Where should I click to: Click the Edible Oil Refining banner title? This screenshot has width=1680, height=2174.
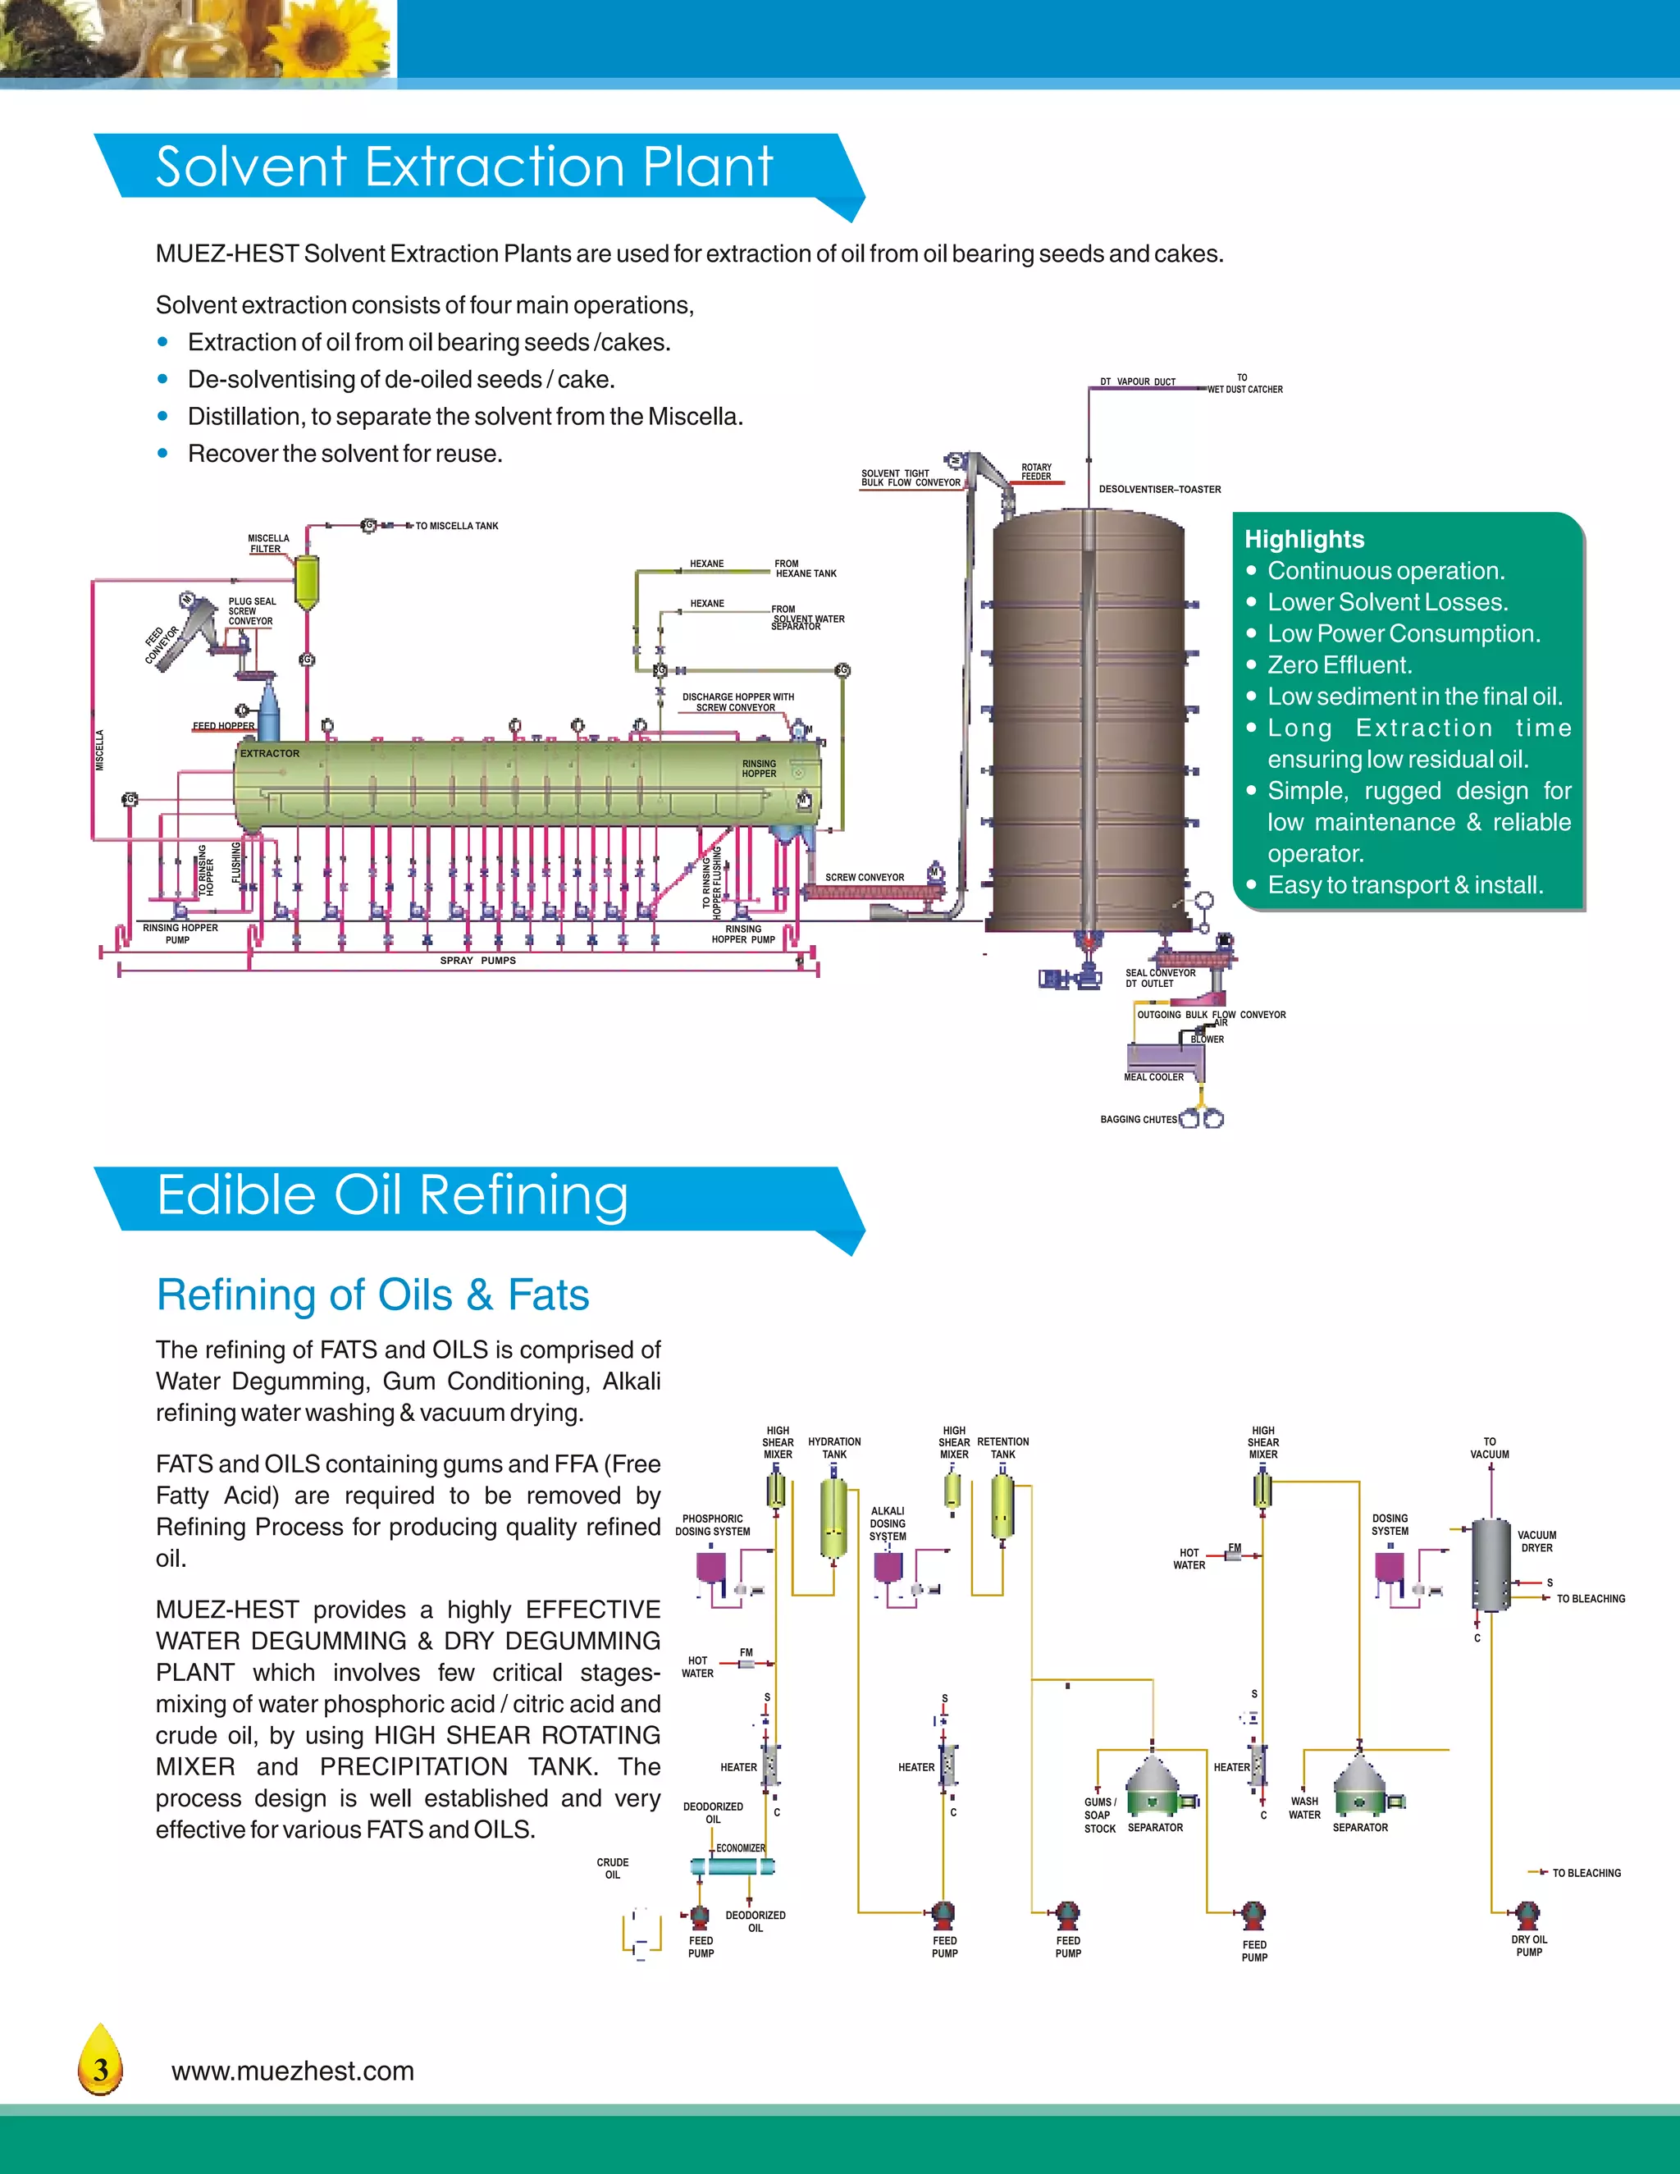(x=392, y=1194)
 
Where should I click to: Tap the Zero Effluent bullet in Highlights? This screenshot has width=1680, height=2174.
(x=1339, y=665)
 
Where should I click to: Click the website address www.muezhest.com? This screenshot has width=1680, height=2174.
(x=293, y=2071)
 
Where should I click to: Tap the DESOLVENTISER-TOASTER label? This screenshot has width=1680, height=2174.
(x=1159, y=489)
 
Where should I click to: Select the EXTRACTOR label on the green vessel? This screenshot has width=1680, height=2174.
(x=270, y=754)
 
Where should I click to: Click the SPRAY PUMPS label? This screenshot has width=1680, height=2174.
(x=477, y=961)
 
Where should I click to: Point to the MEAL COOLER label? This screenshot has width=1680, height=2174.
(x=1153, y=1077)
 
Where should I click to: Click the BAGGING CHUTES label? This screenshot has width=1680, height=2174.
(x=1139, y=1119)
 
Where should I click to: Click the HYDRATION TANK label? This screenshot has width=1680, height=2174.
(x=834, y=1447)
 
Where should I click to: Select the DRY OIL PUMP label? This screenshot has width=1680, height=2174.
(x=1529, y=1945)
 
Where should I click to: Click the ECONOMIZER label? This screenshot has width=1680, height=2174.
(x=741, y=1847)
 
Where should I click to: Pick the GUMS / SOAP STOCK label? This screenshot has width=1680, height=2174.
(x=1100, y=1815)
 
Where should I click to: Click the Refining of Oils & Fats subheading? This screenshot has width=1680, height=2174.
(x=372, y=1295)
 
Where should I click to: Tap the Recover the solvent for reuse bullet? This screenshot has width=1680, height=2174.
(x=345, y=454)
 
